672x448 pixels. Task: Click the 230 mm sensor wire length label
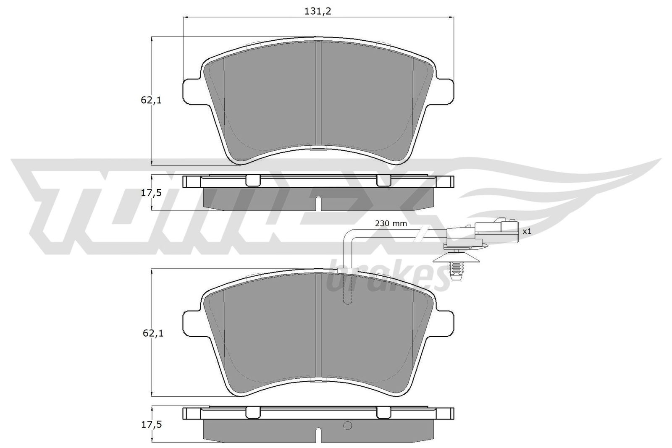click(391, 224)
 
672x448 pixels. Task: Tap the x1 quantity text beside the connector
click(527, 231)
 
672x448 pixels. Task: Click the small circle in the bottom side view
click(347, 426)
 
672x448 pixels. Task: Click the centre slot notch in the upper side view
click(318, 203)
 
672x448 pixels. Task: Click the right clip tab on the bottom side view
click(383, 413)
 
